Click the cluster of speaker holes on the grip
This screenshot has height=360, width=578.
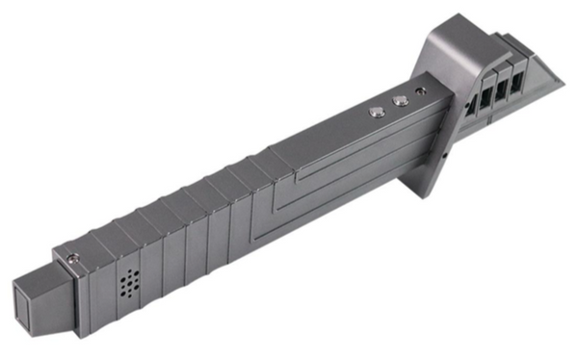129,284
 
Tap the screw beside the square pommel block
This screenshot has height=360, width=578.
72,256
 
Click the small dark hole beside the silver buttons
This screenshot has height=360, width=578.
419,92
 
